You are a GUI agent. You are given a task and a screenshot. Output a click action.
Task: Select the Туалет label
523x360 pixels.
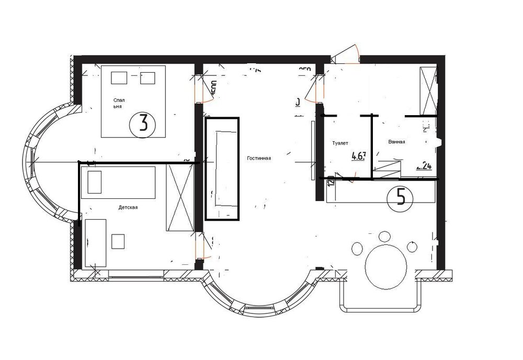(340, 143)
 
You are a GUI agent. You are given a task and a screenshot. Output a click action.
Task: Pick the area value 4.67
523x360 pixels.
(358, 155)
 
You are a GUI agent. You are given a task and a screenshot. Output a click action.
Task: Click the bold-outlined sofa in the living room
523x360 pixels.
(222, 168)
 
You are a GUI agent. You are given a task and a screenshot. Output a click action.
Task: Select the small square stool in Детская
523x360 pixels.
(119, 241)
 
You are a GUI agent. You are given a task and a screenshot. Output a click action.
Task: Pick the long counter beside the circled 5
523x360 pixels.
(380, 192)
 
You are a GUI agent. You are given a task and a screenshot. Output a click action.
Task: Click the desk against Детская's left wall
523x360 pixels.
(96, 243)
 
